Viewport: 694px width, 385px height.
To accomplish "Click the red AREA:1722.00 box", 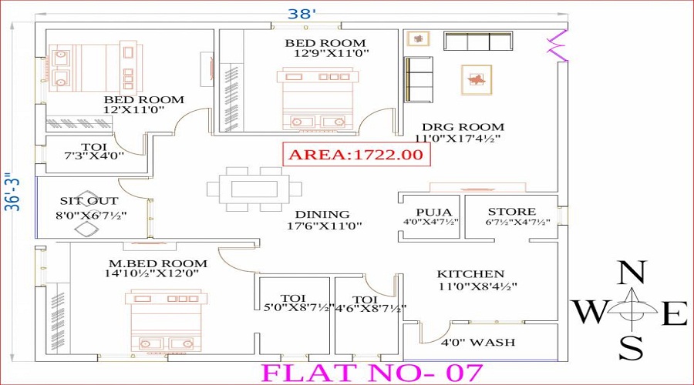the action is coord(357,154).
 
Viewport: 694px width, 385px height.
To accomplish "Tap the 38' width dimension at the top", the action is coord(302,14).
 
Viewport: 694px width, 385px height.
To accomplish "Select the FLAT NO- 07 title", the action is coord(372,373).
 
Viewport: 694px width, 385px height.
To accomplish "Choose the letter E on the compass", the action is coord(675,313).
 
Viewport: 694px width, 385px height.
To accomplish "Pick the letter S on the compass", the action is coord(632,348).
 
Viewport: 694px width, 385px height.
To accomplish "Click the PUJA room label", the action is coord(433,213).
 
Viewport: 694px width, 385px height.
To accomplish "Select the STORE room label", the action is coord(512,212).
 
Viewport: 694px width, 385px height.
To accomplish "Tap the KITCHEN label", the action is coord(470,274).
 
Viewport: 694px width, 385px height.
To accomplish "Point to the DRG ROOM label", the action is coord(463,127).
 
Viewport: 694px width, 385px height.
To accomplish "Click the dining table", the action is coord(254,189).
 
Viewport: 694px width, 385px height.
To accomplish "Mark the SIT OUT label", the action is coord(89,201).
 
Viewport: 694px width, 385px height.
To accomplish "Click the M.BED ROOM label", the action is coord(158,263).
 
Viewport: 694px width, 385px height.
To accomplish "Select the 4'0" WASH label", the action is coord(478,342).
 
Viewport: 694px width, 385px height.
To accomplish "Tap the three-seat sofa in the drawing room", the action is coord(478,42).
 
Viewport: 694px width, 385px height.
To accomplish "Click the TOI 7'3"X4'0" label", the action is coord(94,151).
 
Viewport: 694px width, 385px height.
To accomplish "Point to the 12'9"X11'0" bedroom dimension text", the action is coord(332,53).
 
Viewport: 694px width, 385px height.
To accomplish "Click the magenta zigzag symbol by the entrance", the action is coord(558,45).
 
